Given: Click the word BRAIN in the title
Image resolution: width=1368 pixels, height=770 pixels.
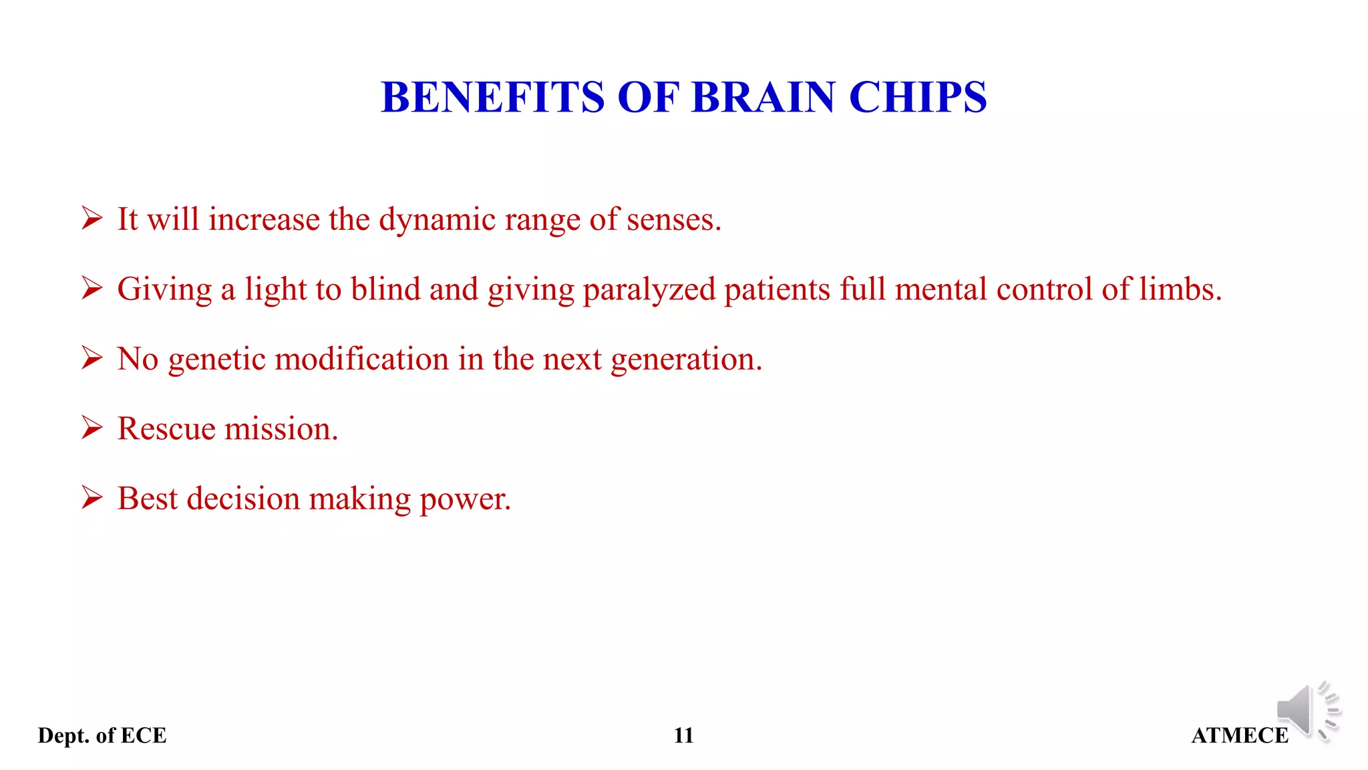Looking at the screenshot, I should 763,98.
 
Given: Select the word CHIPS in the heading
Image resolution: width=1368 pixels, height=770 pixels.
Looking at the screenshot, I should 917,98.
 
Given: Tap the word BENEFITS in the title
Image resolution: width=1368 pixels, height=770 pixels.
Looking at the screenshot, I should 492,98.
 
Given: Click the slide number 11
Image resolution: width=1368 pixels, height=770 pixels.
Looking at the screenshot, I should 683,735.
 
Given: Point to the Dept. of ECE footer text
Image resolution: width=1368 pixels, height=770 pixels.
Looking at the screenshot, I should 102,735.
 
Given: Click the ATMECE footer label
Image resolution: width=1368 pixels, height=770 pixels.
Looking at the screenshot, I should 1239,735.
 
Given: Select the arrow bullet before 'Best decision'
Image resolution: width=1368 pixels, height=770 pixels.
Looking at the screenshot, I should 92,497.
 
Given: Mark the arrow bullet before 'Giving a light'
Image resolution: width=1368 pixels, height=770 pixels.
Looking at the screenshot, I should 92,288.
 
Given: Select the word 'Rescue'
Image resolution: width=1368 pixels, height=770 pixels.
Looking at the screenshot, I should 166,428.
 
